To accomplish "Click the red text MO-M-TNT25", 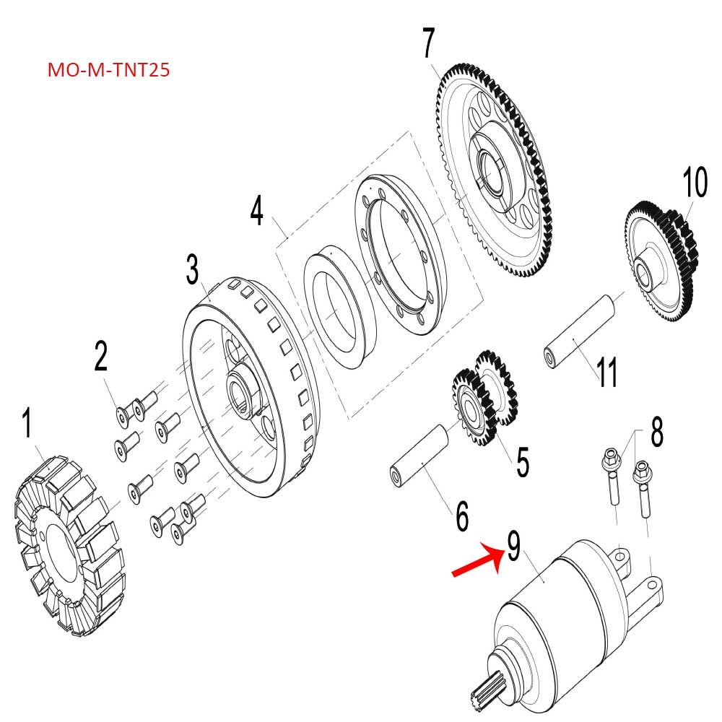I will tap(108, 71).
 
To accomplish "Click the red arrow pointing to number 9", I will tap(477, 560).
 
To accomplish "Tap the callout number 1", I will tap(27, 424).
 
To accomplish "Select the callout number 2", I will tap(100, 357).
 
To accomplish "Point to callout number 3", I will tap(192, 270).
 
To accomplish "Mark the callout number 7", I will tap(428, 43).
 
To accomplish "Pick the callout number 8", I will tap(656, 432).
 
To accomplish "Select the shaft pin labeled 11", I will tap(580, 326).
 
